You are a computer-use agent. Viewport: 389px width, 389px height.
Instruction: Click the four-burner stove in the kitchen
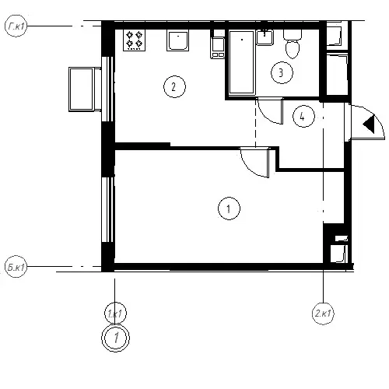[x=134, y=40]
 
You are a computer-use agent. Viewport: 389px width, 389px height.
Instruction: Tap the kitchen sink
[x=177, y=41]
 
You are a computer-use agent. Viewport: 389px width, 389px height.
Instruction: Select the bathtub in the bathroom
[x=242, y=62]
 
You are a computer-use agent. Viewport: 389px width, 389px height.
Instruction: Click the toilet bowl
[x=293, y=44]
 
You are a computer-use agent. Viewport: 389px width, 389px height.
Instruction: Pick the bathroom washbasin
[x=265, y=37]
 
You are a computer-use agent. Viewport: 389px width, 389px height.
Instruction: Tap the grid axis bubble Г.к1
[x=16, y=26]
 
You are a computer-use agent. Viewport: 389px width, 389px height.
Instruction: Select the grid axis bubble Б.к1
[x=16, y=267]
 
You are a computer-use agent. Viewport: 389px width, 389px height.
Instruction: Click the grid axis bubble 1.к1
[x=115, y=314]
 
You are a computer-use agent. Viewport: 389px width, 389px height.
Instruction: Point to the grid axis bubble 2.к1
[x=323, y=314]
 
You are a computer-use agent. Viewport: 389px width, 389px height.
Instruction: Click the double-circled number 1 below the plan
[x=115, y=338]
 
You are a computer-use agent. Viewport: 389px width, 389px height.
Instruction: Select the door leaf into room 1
[x=268, y=163]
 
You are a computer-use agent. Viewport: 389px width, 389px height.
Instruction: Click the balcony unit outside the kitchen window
[x=85, y=89]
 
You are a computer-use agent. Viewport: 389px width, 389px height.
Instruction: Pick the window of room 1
[x=107, y=209]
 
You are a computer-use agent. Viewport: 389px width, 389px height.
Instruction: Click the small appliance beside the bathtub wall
[x=218, y=47]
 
